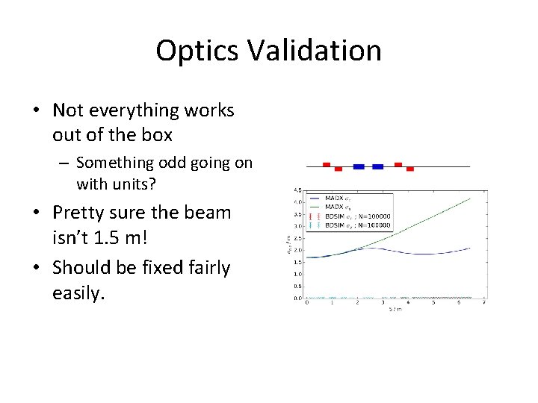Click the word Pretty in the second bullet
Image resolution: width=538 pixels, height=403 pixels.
click(x=80, y=213)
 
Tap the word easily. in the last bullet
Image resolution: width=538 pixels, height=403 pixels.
click(x=79, y=293)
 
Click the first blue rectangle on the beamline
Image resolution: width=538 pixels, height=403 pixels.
click(x=359, y=167)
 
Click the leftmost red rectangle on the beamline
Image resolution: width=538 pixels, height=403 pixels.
click(x=326, y=164)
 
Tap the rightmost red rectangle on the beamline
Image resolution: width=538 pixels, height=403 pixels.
click(x=410, y=169)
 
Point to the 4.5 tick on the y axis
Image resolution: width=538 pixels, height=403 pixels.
click(x=297, y=190)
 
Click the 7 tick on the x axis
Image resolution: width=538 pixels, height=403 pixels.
click(x=485, y=302)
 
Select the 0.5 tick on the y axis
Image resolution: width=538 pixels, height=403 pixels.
click(x=297, y=287)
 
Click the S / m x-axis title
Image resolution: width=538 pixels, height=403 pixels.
click(x=395, y=309)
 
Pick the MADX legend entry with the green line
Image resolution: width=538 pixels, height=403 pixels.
click(x=344, y=205)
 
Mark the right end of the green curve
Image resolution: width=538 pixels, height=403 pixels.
click(x=470, y=198)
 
